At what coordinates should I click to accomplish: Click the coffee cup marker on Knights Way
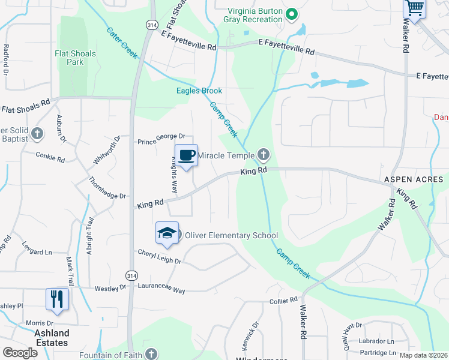click(x=186, y=155)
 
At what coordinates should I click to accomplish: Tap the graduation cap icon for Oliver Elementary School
click(x=167, y=233)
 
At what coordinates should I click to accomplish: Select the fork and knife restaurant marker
click(x=57, y=299)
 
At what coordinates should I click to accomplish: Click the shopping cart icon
click(x=414, y=8)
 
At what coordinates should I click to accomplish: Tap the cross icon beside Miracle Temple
click(x=263, y=156)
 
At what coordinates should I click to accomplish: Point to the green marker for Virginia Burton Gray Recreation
click(x=292, y=14)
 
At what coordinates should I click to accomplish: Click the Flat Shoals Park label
click(x=75, y=58)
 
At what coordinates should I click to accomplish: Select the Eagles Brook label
click(x=199, y=91)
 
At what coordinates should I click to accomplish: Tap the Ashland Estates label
click(x=52, y=338)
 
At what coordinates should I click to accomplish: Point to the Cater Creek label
click(x=122, y=43)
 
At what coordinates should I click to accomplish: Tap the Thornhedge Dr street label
click(x=107, y=188)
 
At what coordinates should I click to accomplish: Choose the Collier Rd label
click(x=283, y=300)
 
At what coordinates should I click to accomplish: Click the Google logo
click(x=20, y=353)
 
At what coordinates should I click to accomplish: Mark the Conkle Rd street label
click(x=50, y=158)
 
